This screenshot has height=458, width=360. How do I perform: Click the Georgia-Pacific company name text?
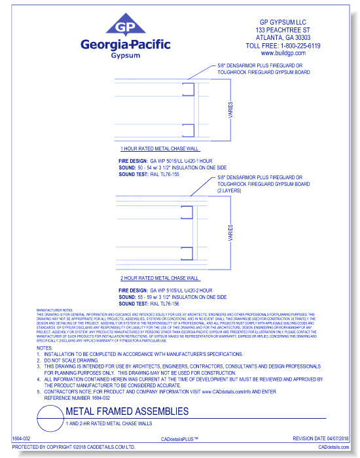[124, 44]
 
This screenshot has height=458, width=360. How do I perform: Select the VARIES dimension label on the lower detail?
[230, 234]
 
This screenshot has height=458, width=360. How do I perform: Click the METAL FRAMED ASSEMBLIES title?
[127, 412]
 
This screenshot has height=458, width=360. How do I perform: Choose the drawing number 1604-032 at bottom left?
[22, 438]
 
